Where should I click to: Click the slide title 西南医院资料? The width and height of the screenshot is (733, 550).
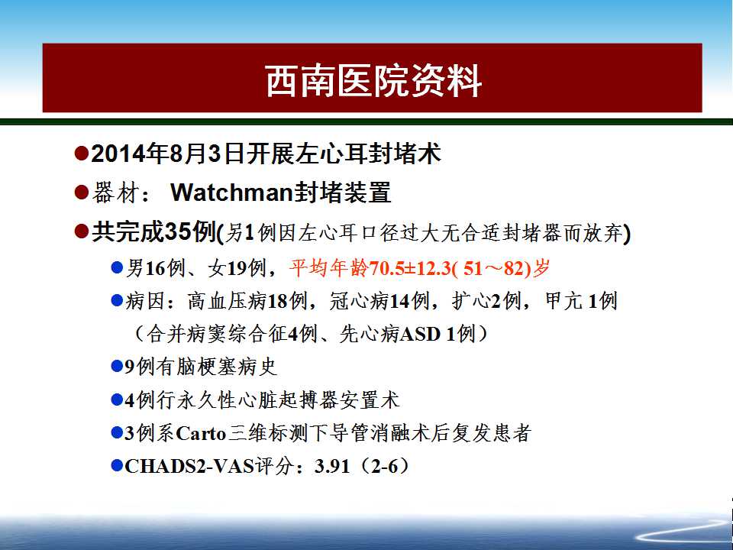click(373, 82)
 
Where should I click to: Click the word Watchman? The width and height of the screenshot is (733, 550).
click(231, 192)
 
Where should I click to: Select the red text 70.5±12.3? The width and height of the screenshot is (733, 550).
click(410, 268)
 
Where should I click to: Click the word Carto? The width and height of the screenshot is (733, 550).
click(201, 433)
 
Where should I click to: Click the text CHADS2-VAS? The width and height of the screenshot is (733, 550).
click(189, 466)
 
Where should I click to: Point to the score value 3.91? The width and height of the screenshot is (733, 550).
click(332, 466)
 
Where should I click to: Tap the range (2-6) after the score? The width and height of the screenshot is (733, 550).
click(384, 466)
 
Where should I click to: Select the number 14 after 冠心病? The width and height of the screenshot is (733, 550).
click(399, 301)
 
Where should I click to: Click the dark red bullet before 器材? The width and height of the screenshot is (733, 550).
click(82, 192)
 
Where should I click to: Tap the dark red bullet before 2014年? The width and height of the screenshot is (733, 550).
click(82, 153)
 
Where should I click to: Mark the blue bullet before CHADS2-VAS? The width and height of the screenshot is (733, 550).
click(117, 466)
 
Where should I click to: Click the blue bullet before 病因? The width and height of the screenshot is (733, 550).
click(117, 300)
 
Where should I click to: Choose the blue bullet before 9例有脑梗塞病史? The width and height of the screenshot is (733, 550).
click(117, 366)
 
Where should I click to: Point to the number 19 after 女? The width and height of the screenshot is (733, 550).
click(237, 268)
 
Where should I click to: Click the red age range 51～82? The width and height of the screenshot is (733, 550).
click(495, 268)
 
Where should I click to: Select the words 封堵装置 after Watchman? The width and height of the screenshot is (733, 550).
click(342, 192)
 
